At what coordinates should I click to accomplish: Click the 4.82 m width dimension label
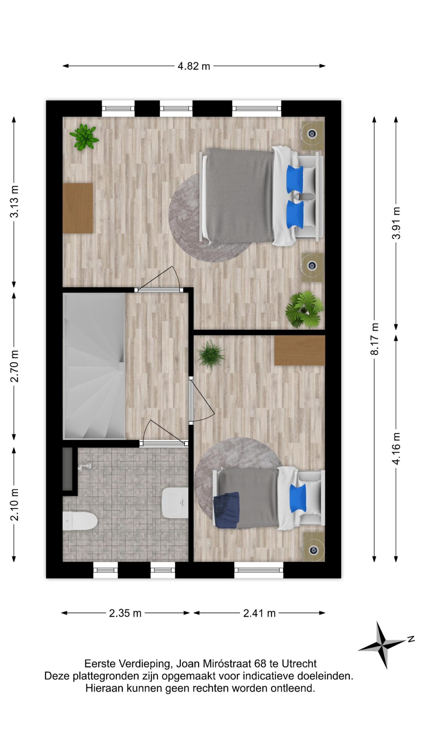click(x=194, y=66)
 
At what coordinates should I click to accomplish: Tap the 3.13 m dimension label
click(x=14, y=201)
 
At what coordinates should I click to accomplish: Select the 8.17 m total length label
click(x=375, y=339)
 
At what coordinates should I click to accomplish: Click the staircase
click(x=94, y=366)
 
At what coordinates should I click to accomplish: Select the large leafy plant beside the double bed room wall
click(x=304, y=309)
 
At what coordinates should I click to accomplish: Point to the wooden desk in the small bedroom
click(x=300, y=350)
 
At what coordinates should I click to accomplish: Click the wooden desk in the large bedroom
click(x=78, y=208)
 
